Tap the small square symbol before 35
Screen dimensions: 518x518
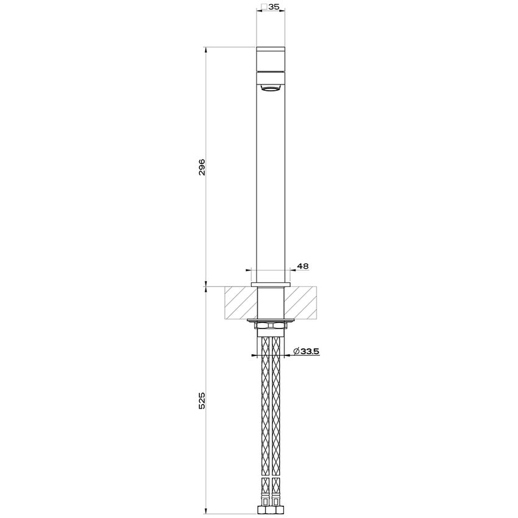point(263,8)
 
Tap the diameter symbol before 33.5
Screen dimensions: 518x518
point(296,351)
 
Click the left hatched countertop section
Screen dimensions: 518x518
point(240,303)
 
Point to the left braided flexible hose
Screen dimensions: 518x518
point(265,414)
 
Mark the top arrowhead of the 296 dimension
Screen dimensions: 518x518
point(207,49)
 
